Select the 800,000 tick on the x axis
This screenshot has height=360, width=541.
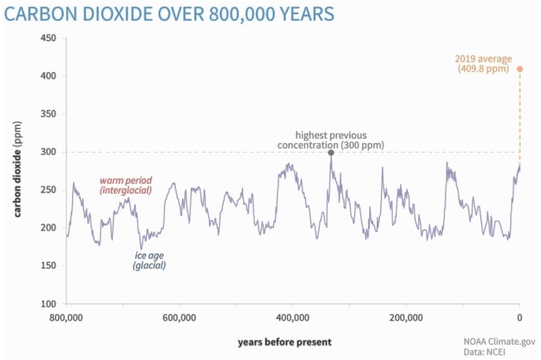pyautogui.click(x=66, y=318)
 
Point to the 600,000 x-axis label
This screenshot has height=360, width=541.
pyautogui.click(x=180, y=318)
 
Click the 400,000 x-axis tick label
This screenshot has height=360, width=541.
pyautogui.click(x=293, y=318)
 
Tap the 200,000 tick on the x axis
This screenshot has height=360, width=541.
pyautogui.click(x=406, y=318)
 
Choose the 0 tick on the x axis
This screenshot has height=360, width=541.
pyautogui.click(x=519, y=318)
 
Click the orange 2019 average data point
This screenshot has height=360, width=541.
pyautogui.click(x=520, y=69)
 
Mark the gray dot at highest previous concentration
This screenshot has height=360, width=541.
pyautogui.click(x=331, y=153)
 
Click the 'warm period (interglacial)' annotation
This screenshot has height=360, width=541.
pyautogui.click(x=125, y=185)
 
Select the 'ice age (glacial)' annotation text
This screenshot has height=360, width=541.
pyautogui.click(x=149, y=260)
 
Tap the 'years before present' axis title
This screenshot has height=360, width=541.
pyautogui.click(x=285, y=342)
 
